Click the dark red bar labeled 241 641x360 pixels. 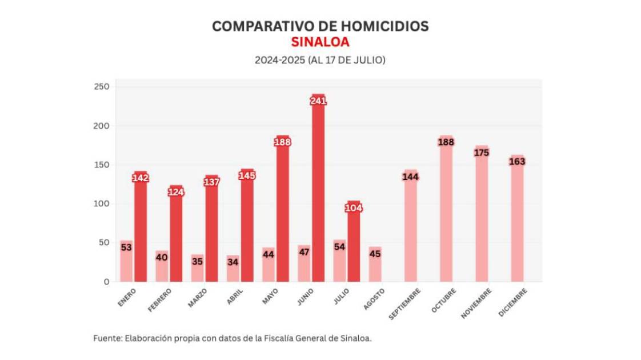click(318, 189)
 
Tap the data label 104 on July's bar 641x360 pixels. click(354, 208)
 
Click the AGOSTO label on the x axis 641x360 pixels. click(374, 299)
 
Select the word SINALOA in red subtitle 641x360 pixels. click(320, 42)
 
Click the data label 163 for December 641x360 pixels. click(517, 162)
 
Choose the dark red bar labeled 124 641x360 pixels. click(176, 234)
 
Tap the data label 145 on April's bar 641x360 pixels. click(247, 175)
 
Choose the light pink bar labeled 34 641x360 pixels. click(233, 269)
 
